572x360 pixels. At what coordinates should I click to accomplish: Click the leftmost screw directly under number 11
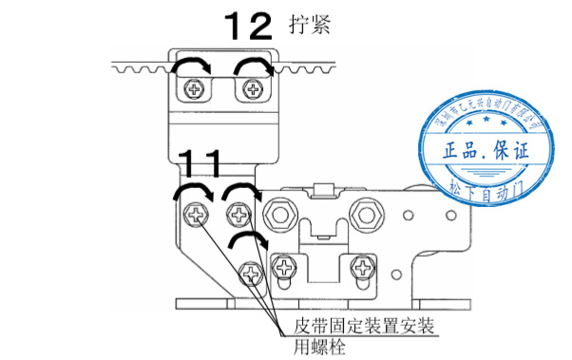pyautogui.click(x=199, y=215)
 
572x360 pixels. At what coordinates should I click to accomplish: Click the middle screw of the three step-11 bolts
pyautogui.click(x=238, y=215)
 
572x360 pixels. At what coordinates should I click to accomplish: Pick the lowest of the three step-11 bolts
pyautogui.click(x=251, y=275)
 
